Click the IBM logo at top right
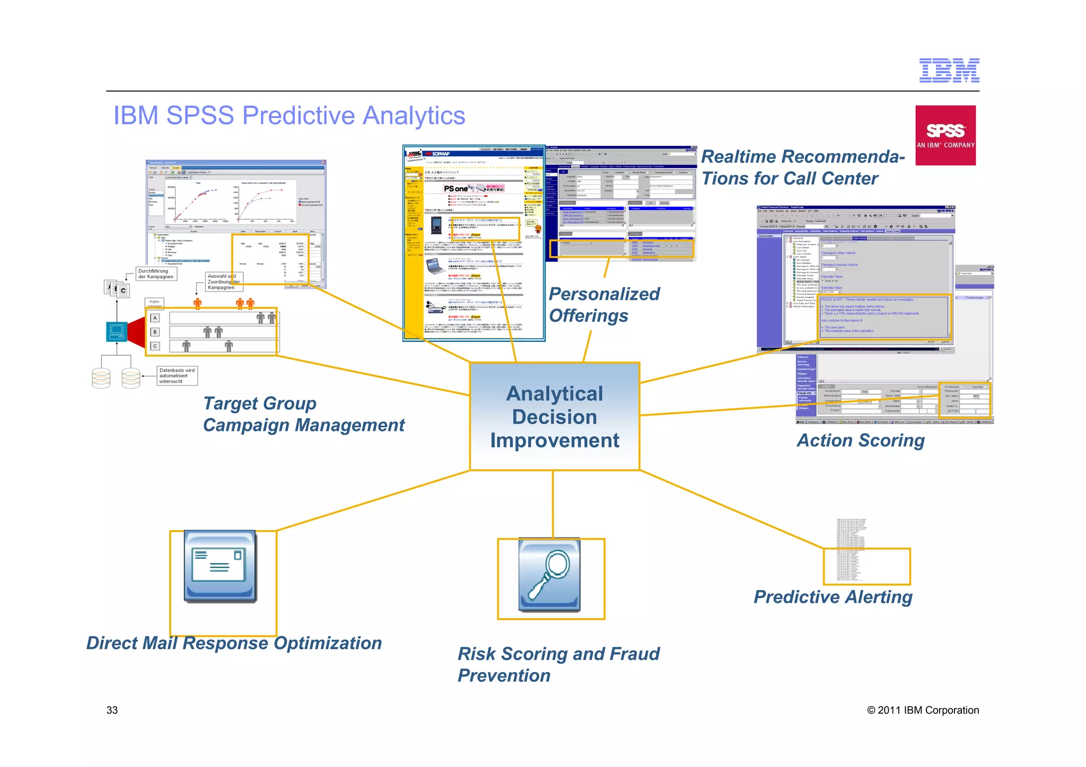click(949, 70)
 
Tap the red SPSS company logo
click(945, 135)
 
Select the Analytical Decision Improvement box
click(555, 417)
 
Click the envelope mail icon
click(220, 566)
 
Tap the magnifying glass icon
click(549, 576)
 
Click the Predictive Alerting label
click(833, 597)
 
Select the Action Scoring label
click(861, 440)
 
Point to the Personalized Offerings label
click(603, 305)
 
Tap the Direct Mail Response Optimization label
click(234, 643)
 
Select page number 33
click(112, 710)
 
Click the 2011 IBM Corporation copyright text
click(923, 710)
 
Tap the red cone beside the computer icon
click(137, 332)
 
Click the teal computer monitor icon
click(117, 331)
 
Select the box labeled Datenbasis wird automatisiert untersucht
click(177, 376)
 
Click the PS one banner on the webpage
click(474, 189)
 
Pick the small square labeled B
click(155, 332)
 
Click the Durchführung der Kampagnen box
click(156, 274)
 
